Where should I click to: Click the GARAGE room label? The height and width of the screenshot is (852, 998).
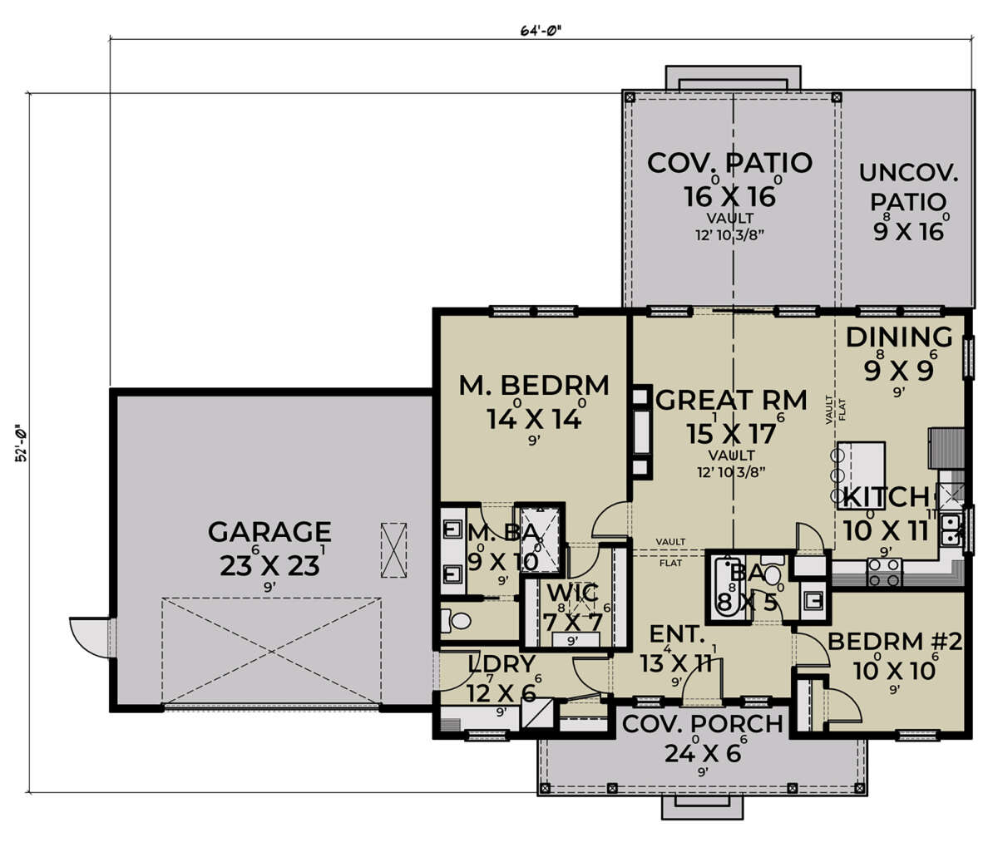click(x=269, y=531)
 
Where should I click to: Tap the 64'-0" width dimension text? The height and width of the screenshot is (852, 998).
click(x=541, y=31)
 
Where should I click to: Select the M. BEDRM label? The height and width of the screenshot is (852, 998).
click(x=534, y=386)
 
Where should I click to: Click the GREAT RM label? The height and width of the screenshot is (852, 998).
click(x=731, y=401)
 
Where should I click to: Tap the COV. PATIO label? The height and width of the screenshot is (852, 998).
click(x=729, y=162)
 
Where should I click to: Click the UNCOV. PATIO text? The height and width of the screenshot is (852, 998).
click(x=908, y=188)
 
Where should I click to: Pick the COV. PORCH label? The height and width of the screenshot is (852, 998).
click(x=703, y=724)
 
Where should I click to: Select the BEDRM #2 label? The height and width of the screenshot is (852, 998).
click(x=894, y=642)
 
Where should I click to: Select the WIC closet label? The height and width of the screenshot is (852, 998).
click(x=571, y=593)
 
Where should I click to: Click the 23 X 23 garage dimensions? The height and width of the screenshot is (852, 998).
click(x=269, y=565)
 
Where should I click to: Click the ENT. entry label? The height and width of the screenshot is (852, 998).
click(x=676, y=636)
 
